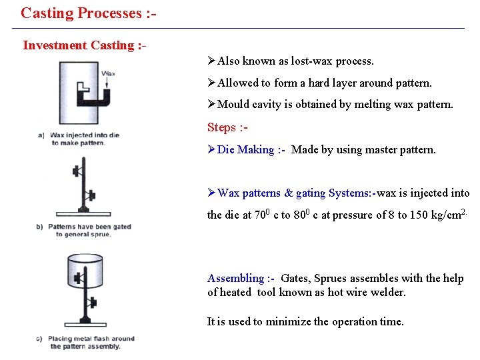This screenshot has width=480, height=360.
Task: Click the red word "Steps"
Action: tap(221, 127)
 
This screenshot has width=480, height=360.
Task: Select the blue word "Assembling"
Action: tap(235, 279)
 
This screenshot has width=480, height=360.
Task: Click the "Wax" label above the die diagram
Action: tap(108, 73)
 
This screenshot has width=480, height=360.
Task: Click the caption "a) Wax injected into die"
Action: tap(79, 135)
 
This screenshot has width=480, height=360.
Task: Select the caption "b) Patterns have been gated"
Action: tap(83, 227)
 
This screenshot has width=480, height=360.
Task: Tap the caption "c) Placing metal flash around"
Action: tap(85, 339)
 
